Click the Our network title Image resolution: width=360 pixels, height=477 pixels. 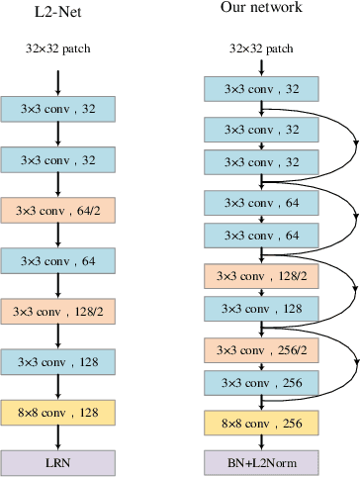click(x=262, y=9)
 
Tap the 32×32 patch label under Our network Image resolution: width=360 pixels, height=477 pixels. click(x=262, y=47)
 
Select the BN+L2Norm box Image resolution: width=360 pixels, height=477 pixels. click(x=262, y=462)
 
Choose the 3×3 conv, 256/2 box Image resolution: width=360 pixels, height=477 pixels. click(x=262, y=349)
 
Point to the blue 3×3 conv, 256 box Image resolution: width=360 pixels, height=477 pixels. click(x=262, y=383)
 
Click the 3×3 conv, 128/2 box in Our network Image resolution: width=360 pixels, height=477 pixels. click(x=262, y=276)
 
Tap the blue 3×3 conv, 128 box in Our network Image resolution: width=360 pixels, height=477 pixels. click(x=262, y=309)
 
